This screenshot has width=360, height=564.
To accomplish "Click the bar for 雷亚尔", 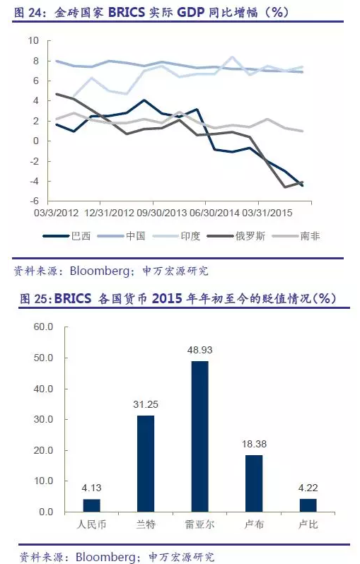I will [x=200, y=436].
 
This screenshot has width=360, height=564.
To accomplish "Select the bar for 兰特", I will [x=146, y=464].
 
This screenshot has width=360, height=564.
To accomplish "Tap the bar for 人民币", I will [x=92, y=505].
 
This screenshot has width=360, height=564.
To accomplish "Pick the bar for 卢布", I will [x=254, y=483].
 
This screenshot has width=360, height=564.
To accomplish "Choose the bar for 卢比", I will [x=308, y=505].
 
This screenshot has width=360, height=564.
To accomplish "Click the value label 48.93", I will [x=200, y=350].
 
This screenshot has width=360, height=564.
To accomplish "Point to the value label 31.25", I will [x=146, y=404].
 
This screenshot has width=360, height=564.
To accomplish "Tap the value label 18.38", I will [x=254, y=444].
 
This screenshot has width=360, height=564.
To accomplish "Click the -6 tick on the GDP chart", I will [x=33, y=202].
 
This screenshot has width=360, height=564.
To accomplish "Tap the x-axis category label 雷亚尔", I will [x=200, y=525].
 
